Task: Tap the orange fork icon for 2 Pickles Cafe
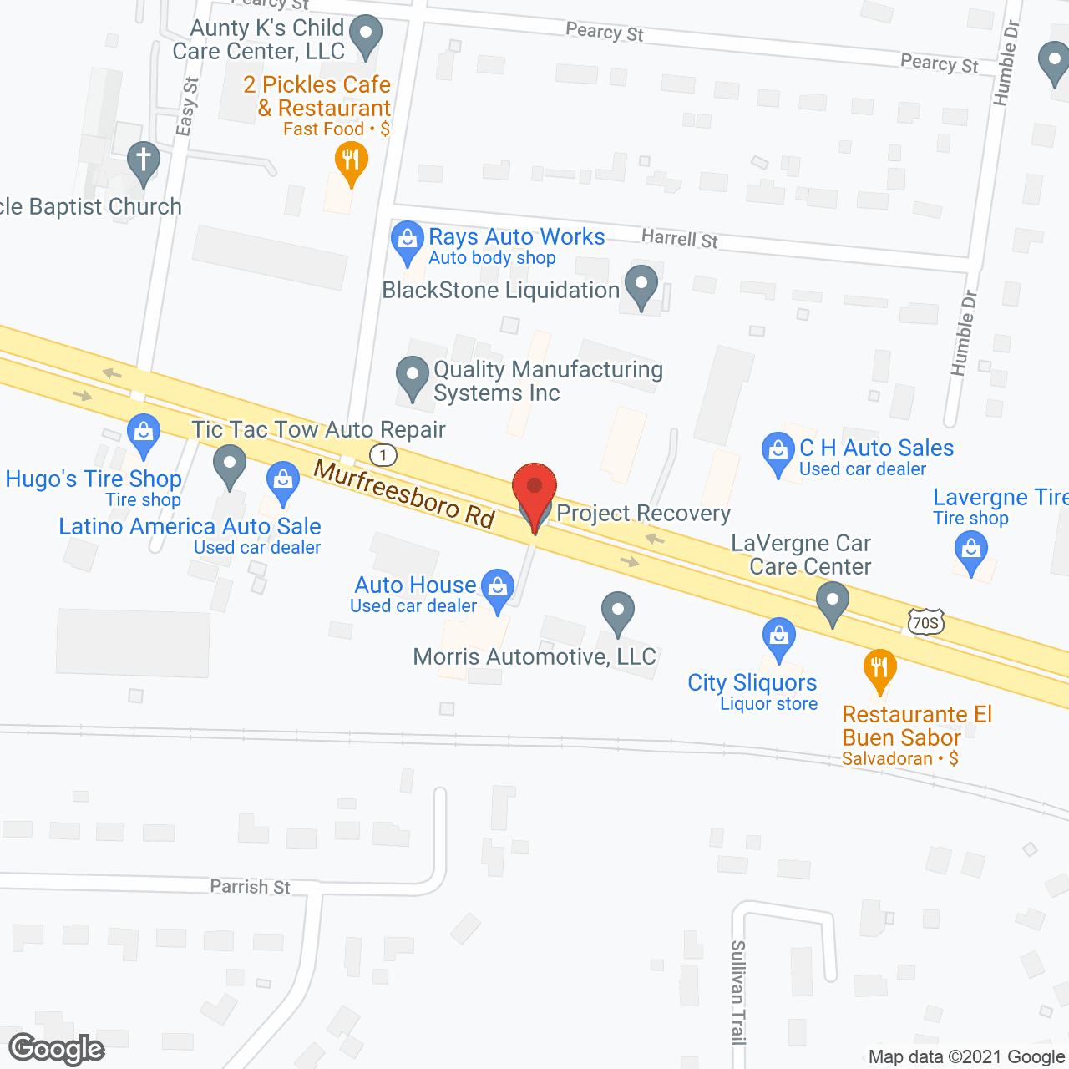coord(351,160)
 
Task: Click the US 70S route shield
coord(925,622)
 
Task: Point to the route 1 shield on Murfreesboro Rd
coord(383,454)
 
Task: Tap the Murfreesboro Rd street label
coord(404,494)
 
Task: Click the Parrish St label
coord(250,887)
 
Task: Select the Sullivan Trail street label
coord(738,992)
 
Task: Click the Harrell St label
coord(679,238)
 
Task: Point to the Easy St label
coord(187,106)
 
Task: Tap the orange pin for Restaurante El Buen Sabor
coord(879,670)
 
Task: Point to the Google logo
coord(57,1049)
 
